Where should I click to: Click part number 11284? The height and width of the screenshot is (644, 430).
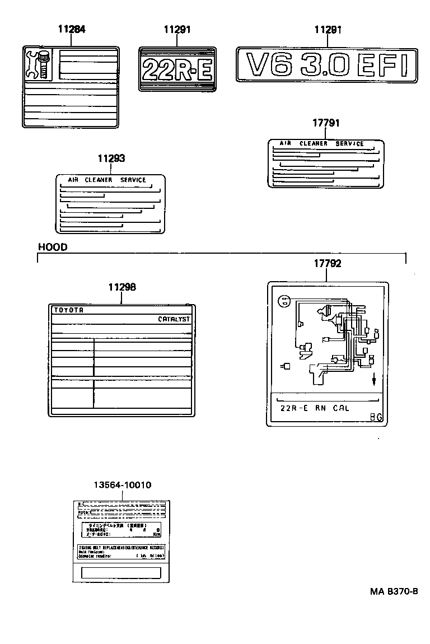(x=72, y=29)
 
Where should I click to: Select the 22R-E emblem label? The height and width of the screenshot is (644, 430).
(x=176, y=69)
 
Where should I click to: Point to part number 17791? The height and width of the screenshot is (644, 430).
(x=326, y=123)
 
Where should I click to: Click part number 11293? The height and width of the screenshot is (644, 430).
(x=111, y=159)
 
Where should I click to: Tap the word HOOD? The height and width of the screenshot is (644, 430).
(x=53, y=247)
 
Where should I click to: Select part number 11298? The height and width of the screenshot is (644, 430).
(x=122, y=287)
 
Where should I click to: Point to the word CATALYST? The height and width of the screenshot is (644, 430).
(x=174, y=319)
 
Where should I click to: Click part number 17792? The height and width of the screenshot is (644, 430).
(x=328, y=263)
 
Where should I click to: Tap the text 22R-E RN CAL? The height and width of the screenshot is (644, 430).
(x=314, y=408)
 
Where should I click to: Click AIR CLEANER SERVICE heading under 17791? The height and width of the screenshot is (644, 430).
(x=321, y=144)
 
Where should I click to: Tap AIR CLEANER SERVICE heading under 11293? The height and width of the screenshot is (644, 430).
(x=107, y=180)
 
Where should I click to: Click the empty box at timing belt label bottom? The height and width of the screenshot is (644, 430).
(x=121, y=572)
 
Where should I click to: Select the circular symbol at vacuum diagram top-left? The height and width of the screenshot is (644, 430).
(x=284, y=301)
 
